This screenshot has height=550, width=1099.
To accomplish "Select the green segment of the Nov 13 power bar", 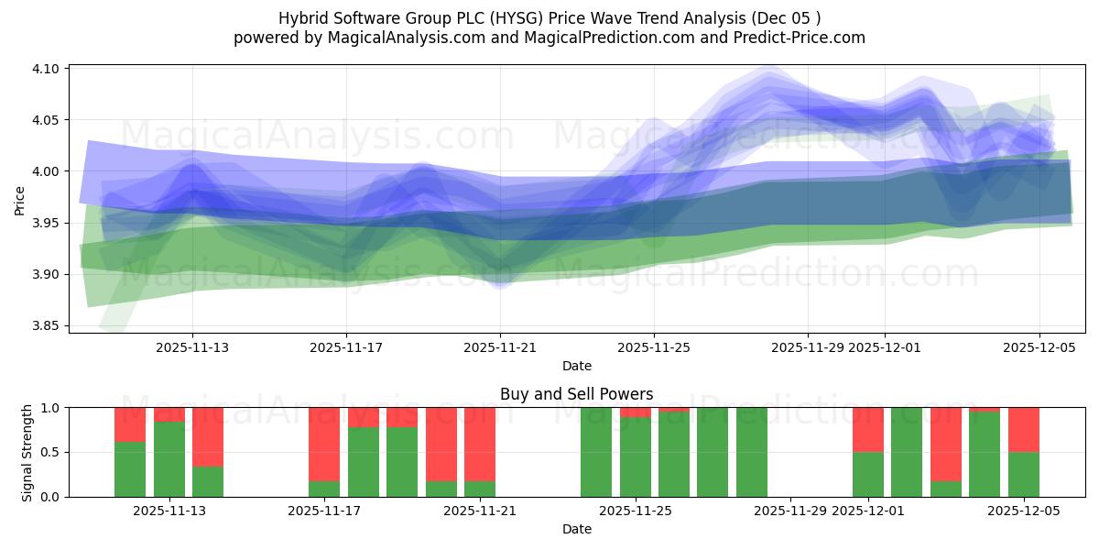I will click(208, 481).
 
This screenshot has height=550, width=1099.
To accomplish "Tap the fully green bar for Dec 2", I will click(907, 452).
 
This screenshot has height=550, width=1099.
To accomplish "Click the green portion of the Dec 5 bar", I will click(1023, 475).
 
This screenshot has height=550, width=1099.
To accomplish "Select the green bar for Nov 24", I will click(596, 452).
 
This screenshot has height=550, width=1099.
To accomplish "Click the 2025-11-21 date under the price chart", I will click(500, 347).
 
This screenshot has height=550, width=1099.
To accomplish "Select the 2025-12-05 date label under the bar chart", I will click(1023, 511).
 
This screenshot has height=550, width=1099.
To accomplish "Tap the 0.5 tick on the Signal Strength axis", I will click(49, 452).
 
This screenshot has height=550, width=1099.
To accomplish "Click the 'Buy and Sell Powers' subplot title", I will click(576, 394).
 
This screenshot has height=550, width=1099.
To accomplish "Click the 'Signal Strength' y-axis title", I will click(27, 452).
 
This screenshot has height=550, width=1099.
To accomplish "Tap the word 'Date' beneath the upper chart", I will click(576, 366).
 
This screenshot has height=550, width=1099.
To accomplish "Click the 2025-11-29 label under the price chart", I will click(808, 347).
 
